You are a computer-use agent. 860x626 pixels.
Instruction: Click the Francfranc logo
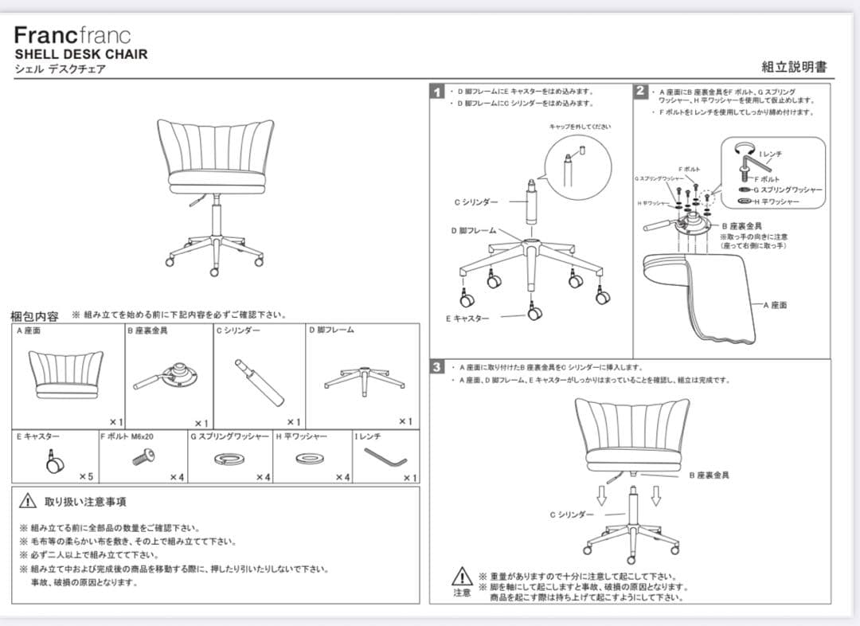[72, 36]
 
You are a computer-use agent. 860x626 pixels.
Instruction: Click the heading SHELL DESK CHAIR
[81, 54]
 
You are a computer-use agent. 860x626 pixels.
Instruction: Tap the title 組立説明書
[794, 67]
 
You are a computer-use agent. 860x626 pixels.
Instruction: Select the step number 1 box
[437, 92]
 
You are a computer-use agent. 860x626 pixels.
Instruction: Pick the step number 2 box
[641, 91]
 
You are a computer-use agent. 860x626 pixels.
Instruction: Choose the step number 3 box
[437, 367]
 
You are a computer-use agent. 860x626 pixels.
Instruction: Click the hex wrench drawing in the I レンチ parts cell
[385, 456]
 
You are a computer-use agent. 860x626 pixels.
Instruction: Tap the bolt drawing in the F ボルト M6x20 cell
[143, 456]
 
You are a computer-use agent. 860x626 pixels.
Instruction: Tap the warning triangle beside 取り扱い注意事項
[28, 501]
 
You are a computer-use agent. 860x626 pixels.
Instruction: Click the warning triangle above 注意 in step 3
[462, 577]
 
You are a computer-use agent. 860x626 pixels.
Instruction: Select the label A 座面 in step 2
[774, 305]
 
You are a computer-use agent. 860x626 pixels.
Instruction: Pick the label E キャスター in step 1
[467, 319]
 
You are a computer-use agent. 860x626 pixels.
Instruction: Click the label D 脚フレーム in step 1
[473, 231]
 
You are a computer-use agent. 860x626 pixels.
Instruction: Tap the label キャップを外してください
[580, 127]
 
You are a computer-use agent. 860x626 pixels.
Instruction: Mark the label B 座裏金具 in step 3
[709, 475]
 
